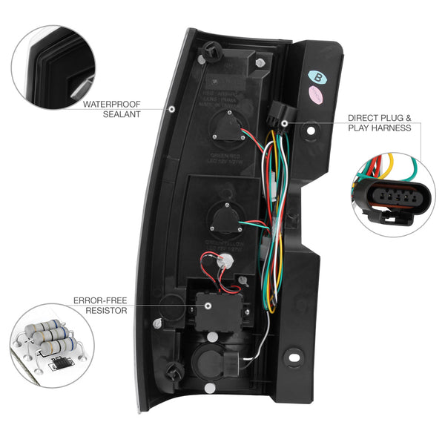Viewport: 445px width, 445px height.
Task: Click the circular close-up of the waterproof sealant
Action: [53, 65]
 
